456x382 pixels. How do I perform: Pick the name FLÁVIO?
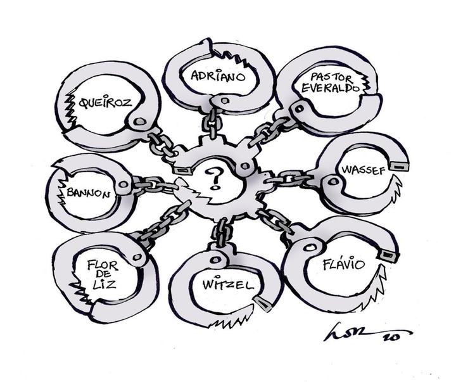click(x=343, y=262)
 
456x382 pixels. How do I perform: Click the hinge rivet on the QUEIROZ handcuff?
click(x=137, y=122)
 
